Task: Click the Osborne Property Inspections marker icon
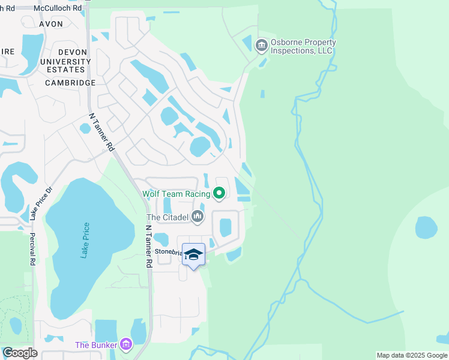click(x=261, y=46)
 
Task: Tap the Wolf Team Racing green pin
click(x=219, y=193)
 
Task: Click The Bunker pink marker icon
click(x=125, y=344)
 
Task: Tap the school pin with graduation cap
click(x=193, y=254)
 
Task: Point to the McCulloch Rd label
click(x=58, y=8)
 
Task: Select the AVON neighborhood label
click(x=50, y=24)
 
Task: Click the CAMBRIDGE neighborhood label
click(x=70, y=83)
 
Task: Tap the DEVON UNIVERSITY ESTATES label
click(x=65, y=61)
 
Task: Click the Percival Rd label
click(x=32, y=249)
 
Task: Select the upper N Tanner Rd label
click(x=101, y=131)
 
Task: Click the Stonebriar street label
click(x=168, y=252)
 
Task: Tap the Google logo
click(x=20, y=353)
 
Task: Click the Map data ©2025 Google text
click(x=412, y=355)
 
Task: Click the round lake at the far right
click(x=426, y=227)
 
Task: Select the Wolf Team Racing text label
click(x=176, y=194)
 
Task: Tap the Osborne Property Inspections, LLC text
click(x=303, y=47)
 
